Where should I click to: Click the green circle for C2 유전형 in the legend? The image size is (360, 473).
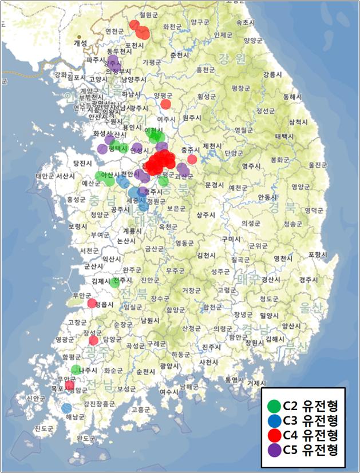tap(274, 407)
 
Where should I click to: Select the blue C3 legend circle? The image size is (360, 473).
tap(274, 421)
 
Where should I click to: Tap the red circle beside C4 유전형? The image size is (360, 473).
tap(274, 435)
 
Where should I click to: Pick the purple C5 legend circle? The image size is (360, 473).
tap(274, 450)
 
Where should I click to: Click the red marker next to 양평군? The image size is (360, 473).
tap(165, 104)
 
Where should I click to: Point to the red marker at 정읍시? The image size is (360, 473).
tap(92, 303)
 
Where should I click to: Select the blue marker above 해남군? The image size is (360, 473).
tap(66, 408)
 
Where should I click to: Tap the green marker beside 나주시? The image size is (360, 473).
tap(76, 369)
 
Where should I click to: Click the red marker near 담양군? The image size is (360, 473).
tap(94, 340)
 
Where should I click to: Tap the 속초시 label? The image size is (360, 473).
tap(245, 22)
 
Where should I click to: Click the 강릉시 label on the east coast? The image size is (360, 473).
tap(272, 74)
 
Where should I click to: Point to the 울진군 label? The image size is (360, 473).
tap(318, 165)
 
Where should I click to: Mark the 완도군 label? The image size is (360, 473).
tap(86, 438)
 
